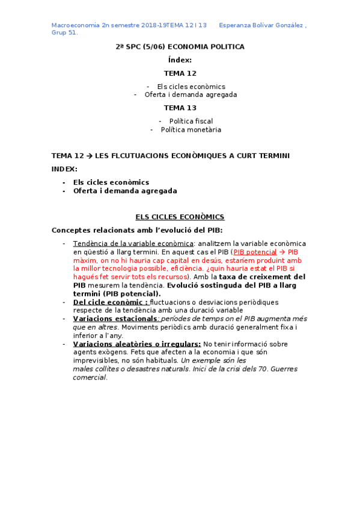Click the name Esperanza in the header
point(234,25)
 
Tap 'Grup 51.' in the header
point(64,32)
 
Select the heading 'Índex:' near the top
point(180,60)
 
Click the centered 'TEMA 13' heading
point(180,108)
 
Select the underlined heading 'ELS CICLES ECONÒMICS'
point(180,217)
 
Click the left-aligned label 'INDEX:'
point(64,168)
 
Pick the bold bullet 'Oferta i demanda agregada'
point(125,191)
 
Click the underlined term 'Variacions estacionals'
point(115,318)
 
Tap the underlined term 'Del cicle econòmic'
point(111,302)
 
